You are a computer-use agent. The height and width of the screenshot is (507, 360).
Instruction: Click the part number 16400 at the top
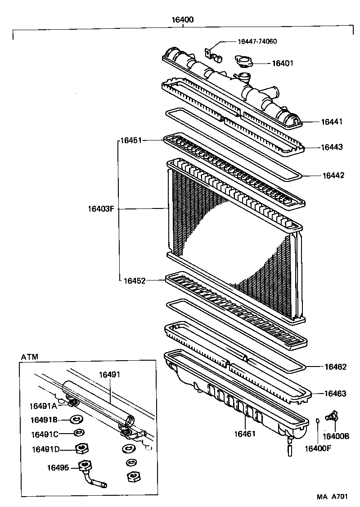pos(182,20)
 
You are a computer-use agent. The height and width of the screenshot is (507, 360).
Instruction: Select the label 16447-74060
pos(257,41)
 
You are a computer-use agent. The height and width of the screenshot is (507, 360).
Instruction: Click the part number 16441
pos(332,122)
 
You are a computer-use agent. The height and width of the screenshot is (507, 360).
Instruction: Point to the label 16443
pos(332,147)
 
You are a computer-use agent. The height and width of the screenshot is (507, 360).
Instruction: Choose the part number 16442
pos(333,176)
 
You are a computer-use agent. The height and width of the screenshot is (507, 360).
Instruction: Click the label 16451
pos(131,140)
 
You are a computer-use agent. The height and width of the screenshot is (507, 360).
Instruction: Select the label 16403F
pos(101,208)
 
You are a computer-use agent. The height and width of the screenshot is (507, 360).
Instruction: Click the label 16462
pos(336,367)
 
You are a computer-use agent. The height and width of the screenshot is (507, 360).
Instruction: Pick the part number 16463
pos(335,394)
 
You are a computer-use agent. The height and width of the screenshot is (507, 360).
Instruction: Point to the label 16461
pos(245,435)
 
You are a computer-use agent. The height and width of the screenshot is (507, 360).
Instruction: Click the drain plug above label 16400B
pos(333,416)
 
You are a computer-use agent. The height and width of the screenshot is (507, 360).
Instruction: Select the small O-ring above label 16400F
pos(318,421)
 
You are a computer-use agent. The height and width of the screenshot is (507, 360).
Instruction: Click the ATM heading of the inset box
pos(30,357)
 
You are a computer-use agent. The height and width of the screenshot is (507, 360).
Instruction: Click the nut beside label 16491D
pos(81,448)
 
